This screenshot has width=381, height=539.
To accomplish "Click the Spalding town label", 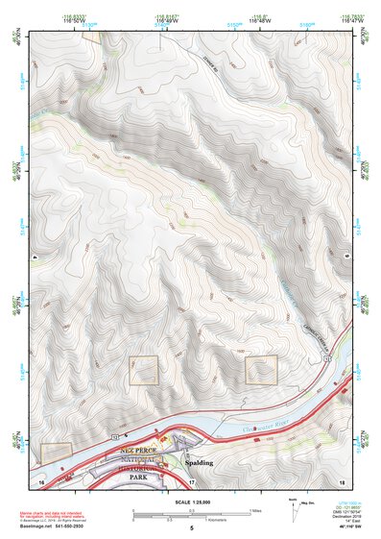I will [x=199, y=462].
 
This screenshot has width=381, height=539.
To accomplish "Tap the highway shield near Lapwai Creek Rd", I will [x=326, y=358].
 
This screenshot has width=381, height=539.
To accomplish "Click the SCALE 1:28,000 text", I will [x=191, y=500].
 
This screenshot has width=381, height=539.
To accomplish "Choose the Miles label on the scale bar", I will [x=255, y=510].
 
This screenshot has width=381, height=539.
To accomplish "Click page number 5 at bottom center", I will [x=191, y=528].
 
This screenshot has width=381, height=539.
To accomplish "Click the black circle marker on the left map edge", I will [x=35, y=257].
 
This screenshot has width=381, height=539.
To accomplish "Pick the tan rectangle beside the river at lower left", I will [x=57, y=452].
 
